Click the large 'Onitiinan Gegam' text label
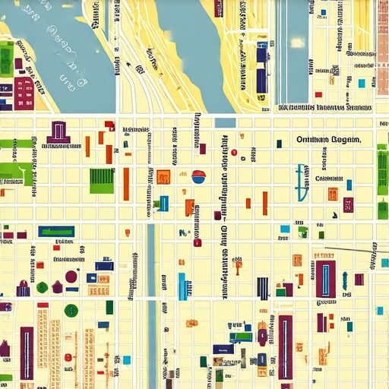328,140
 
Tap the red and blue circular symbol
199,177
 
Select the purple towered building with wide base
58,132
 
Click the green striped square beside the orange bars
102,180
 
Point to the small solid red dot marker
233,153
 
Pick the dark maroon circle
71,277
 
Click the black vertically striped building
262,288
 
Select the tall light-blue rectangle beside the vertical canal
182,286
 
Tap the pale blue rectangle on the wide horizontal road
226,122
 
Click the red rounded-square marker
198,242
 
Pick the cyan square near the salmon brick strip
362,83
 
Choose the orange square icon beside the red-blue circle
163,176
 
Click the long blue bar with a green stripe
56,231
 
